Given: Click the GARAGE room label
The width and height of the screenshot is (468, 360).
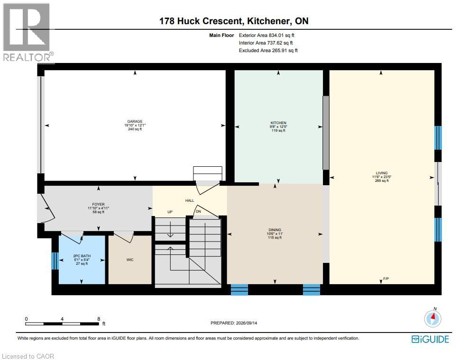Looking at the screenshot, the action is click(135, 121).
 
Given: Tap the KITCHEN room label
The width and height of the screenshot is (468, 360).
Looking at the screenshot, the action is click(278, 123).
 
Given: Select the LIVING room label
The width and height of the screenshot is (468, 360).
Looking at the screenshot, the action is click(382, 173).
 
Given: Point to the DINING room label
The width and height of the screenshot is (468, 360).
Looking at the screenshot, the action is click(275, 230).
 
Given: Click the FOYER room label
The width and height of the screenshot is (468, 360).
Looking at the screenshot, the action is click(98, 204).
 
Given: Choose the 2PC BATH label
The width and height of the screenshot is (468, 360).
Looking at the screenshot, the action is click(82, 256).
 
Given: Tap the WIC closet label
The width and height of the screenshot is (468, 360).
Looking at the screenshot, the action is click(130, 260).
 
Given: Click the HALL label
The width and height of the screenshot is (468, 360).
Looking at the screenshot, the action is click(190, 200).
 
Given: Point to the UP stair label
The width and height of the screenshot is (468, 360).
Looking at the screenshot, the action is click(170, 212).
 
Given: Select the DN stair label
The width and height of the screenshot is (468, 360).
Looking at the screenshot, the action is click(198, 211).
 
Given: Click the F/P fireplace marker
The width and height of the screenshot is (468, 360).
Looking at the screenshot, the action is click(386, 279).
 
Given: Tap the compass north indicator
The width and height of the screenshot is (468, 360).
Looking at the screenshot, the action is click(433, 318).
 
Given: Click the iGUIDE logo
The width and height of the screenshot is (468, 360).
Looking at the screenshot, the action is click(430, 339).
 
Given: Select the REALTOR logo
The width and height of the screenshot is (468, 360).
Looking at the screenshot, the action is click(28, 33).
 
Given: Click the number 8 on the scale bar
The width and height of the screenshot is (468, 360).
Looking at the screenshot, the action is click(99, 319).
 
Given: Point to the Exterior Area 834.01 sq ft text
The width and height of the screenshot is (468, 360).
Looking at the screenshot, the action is click(266, 35).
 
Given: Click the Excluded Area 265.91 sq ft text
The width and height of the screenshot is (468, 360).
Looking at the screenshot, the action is click(268, 50).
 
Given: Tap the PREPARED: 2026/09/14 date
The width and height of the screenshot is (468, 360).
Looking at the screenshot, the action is click(234, 323).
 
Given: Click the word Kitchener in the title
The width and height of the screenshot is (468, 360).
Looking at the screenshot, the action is click(268, 21).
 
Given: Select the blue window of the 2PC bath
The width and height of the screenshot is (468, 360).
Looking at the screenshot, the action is click(55, 261).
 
